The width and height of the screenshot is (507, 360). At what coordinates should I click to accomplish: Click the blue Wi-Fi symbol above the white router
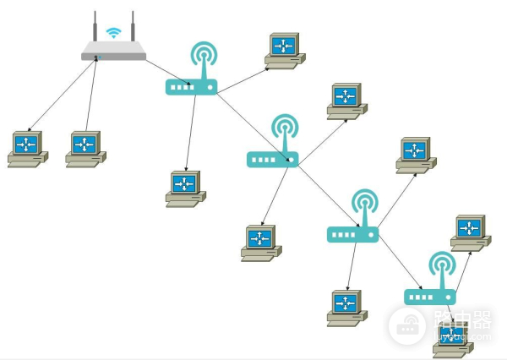113,32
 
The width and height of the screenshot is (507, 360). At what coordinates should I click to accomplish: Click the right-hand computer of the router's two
85,148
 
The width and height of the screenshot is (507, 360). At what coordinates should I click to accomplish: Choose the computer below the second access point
260,242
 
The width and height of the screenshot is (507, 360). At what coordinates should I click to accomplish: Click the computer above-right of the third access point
416,155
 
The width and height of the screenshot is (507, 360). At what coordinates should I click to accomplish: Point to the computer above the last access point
470,232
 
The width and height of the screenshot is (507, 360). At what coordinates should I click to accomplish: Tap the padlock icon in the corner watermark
407,325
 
